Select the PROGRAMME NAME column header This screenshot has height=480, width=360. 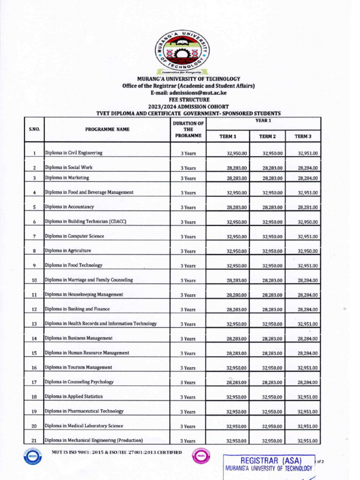click(107, 129)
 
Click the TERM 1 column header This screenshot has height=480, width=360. click(228, 136)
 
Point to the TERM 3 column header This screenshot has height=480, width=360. click(303, 136)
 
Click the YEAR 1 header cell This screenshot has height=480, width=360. click(263, 121)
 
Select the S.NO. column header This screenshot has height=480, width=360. click(34, 129)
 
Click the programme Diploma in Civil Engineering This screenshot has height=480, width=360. click(74, 153)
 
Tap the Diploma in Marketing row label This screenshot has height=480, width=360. click(67, 178)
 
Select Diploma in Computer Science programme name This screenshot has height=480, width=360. click(75, 236)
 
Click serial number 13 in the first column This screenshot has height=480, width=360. click(34, 324)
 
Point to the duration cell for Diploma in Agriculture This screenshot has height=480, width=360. click(188, 251)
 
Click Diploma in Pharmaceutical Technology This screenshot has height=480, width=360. click(84, 411)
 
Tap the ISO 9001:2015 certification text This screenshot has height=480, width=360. click(117, 452)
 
